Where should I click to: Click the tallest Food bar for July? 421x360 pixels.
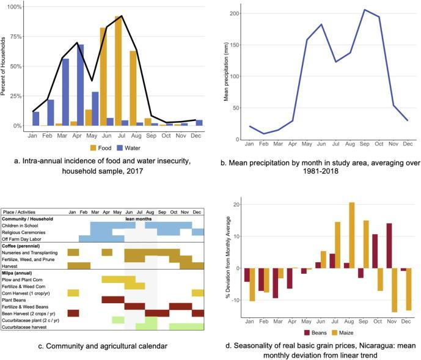tap(118, 73)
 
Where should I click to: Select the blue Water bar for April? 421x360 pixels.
tap(81, 86)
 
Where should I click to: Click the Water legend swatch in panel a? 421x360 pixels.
tap(122, 148)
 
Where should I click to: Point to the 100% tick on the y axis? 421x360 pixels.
tap(14, 7)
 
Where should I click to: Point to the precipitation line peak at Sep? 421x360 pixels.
tap(365, 10)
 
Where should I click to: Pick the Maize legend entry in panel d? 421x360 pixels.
tap(343, 332)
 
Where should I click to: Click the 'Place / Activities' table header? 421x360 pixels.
tap(24, 211)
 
